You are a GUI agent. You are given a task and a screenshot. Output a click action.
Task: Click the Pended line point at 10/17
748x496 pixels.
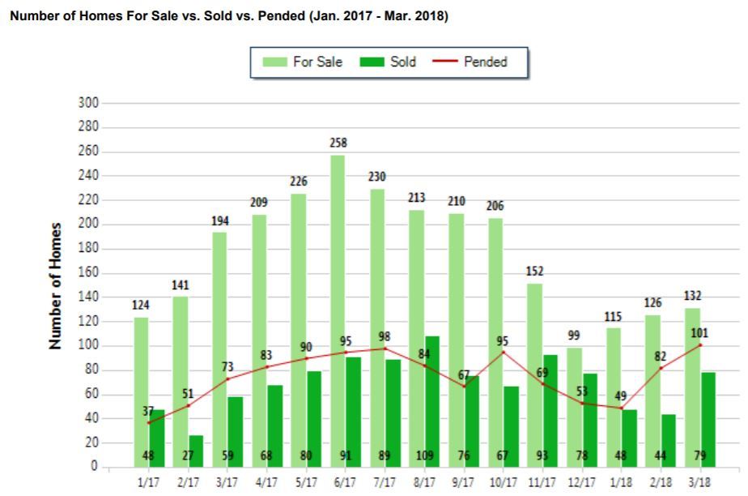tap(504, 352)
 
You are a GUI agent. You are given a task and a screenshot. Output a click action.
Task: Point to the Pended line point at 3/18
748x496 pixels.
tap(700, 345)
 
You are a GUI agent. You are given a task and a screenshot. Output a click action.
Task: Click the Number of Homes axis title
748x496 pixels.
tap(56, 285)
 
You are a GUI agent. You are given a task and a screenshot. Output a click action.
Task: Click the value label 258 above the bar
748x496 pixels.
tap(338, 143)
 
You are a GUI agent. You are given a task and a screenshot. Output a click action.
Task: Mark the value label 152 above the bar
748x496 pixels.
tap(535, 272)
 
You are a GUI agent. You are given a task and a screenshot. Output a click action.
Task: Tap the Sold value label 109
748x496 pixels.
tap(425, 455)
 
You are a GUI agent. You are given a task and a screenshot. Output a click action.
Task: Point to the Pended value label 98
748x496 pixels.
tap(385, 336)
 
